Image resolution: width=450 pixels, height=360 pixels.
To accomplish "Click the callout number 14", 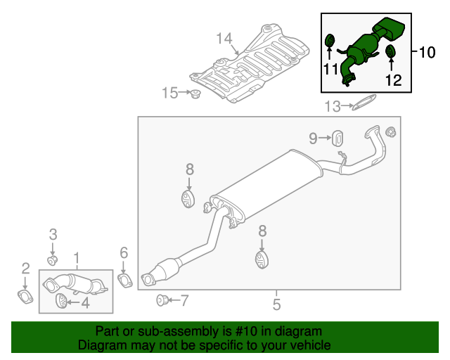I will coord(224,38).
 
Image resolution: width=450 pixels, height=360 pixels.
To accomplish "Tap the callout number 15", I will coord(169,92).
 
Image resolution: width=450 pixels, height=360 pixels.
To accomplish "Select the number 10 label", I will coord(427,52).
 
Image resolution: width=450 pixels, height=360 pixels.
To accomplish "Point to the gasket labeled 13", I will coord(361,106).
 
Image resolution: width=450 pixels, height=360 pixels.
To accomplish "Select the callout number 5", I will coord(276,304).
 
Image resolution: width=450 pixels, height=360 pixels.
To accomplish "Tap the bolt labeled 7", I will coord(162,301).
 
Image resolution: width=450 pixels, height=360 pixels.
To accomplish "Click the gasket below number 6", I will coord(124,282).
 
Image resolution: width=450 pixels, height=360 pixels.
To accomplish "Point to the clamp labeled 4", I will coord(61,302).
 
